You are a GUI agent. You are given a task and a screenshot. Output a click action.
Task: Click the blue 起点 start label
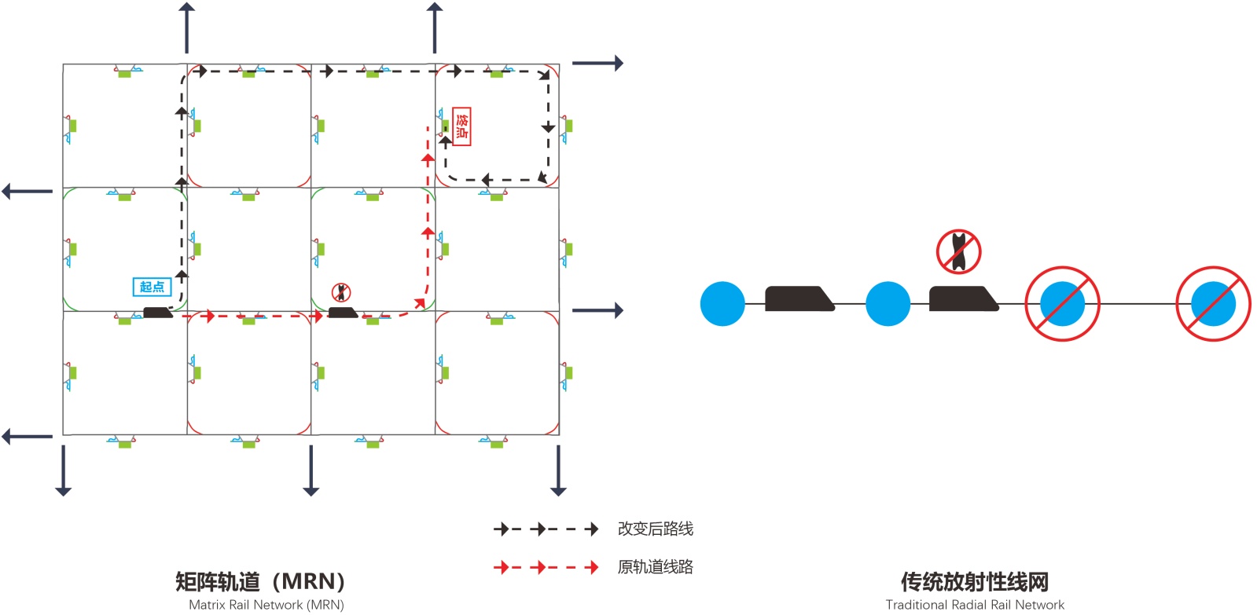click(x=152, y=287)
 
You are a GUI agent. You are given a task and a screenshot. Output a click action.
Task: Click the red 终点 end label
click(x=461, y=126)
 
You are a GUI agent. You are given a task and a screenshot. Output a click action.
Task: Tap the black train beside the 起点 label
click(x=157, y=312)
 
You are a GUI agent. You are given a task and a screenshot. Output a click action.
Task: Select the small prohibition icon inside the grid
click(x=341, y=292)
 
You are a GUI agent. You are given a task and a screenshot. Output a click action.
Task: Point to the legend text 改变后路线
click(x=655, y=529)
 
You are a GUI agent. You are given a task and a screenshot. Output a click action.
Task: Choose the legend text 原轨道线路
click(x=655, y=567)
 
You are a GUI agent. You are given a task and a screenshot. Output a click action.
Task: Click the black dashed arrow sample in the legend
click(x=546, y=529)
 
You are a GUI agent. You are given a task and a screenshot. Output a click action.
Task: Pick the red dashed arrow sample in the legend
click(x=546, y=567)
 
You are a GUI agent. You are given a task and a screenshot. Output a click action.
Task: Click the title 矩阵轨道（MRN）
click(x=260, y=581)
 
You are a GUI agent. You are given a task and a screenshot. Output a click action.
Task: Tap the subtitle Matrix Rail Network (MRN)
click(x=266, y=605)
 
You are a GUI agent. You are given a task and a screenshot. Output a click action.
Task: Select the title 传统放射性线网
click(x=974, y=582)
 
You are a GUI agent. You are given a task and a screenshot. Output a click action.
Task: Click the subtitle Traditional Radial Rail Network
click(x=974, y=605)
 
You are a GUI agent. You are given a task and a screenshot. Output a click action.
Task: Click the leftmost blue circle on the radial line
click(x=722, y=304)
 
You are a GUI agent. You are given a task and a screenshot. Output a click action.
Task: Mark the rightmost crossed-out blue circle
click(x=1213, y=304)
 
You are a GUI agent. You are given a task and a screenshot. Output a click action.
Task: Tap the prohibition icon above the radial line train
click(x=958, y=251)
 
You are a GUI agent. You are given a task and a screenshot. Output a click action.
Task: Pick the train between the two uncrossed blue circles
click(x=799, y=299)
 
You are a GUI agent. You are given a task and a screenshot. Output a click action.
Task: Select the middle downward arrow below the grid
click(x=311, y=470)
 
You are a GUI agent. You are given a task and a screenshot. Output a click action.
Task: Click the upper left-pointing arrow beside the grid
click(x=27, y=191)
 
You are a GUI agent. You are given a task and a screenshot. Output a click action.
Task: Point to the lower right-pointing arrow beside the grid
click(x=597, y=310)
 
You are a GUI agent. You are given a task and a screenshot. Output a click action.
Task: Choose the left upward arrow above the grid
click(x=186, y=27)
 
